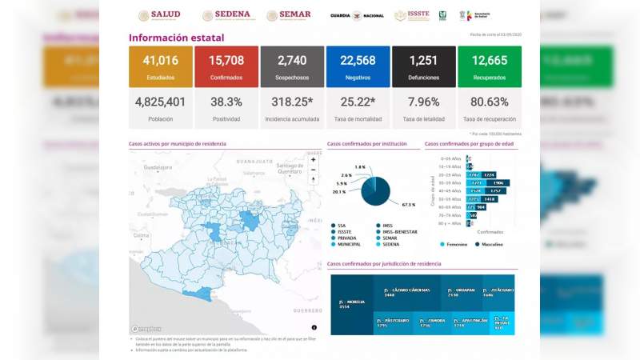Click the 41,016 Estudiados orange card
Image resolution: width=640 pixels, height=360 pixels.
click(x=160, y=66)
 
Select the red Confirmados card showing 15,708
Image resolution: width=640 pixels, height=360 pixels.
click(x=226, y=66)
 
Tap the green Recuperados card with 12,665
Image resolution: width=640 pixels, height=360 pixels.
click(x=489, y=66)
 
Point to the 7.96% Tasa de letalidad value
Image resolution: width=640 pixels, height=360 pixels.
click(x=423, y=102)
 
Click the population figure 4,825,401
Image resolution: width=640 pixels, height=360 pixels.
click(x=160, y=102)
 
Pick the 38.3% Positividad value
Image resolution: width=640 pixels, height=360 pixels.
click(x=226, y=102)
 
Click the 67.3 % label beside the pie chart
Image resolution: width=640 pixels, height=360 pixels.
click(x=408, y=205)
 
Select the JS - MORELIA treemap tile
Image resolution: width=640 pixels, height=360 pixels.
click(x=351, y=304)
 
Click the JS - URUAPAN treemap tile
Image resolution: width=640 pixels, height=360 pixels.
click(x=461, y=293)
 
